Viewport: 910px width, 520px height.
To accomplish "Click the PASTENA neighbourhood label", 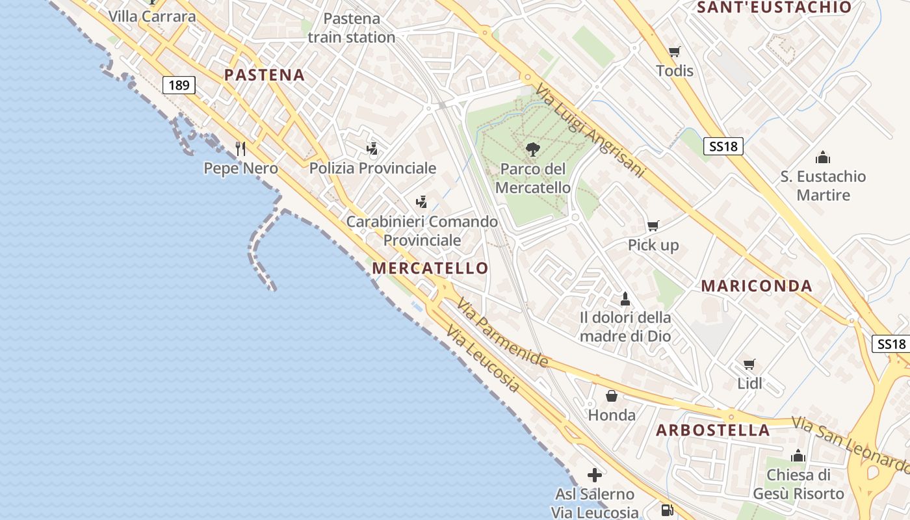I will tap(265, 75).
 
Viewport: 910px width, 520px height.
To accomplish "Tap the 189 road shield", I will tap(179, 85).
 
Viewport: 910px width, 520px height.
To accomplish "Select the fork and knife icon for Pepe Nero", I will tap(240, 149).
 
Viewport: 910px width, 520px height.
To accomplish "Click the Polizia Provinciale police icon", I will tap(372, 149).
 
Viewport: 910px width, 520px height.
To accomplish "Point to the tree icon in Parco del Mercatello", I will tap(532, 149).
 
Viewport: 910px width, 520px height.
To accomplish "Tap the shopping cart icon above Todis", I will tap(675, 51).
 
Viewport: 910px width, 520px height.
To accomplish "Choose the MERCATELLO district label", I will tap(430, 268).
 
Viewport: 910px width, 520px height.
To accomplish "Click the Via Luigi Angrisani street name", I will tap(590, 130).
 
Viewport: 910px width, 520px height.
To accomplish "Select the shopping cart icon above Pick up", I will tap(653, 226).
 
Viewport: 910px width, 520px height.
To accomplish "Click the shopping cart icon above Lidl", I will tap(749, 364).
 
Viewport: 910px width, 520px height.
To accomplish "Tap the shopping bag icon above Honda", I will tap(612, 395).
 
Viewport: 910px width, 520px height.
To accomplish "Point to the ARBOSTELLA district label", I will tap(713, 430).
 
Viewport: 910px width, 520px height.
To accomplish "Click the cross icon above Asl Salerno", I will tap(594, 474).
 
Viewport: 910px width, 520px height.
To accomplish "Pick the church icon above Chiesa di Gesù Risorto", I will tap(798, 456).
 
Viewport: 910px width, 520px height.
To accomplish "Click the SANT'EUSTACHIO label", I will tap(774, 8).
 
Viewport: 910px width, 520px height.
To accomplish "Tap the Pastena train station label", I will tap(352, 28).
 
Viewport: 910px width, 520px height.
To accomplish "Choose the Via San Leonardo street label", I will tap(850, 445).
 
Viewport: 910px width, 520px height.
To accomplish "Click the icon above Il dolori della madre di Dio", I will tap(625, 299).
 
